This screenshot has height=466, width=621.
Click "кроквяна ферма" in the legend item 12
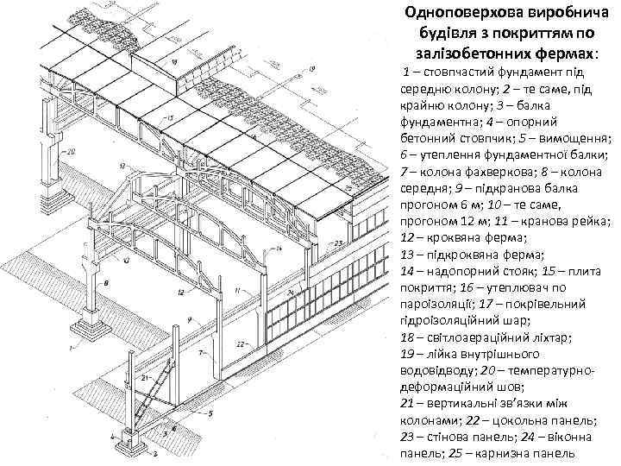(470, 236)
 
